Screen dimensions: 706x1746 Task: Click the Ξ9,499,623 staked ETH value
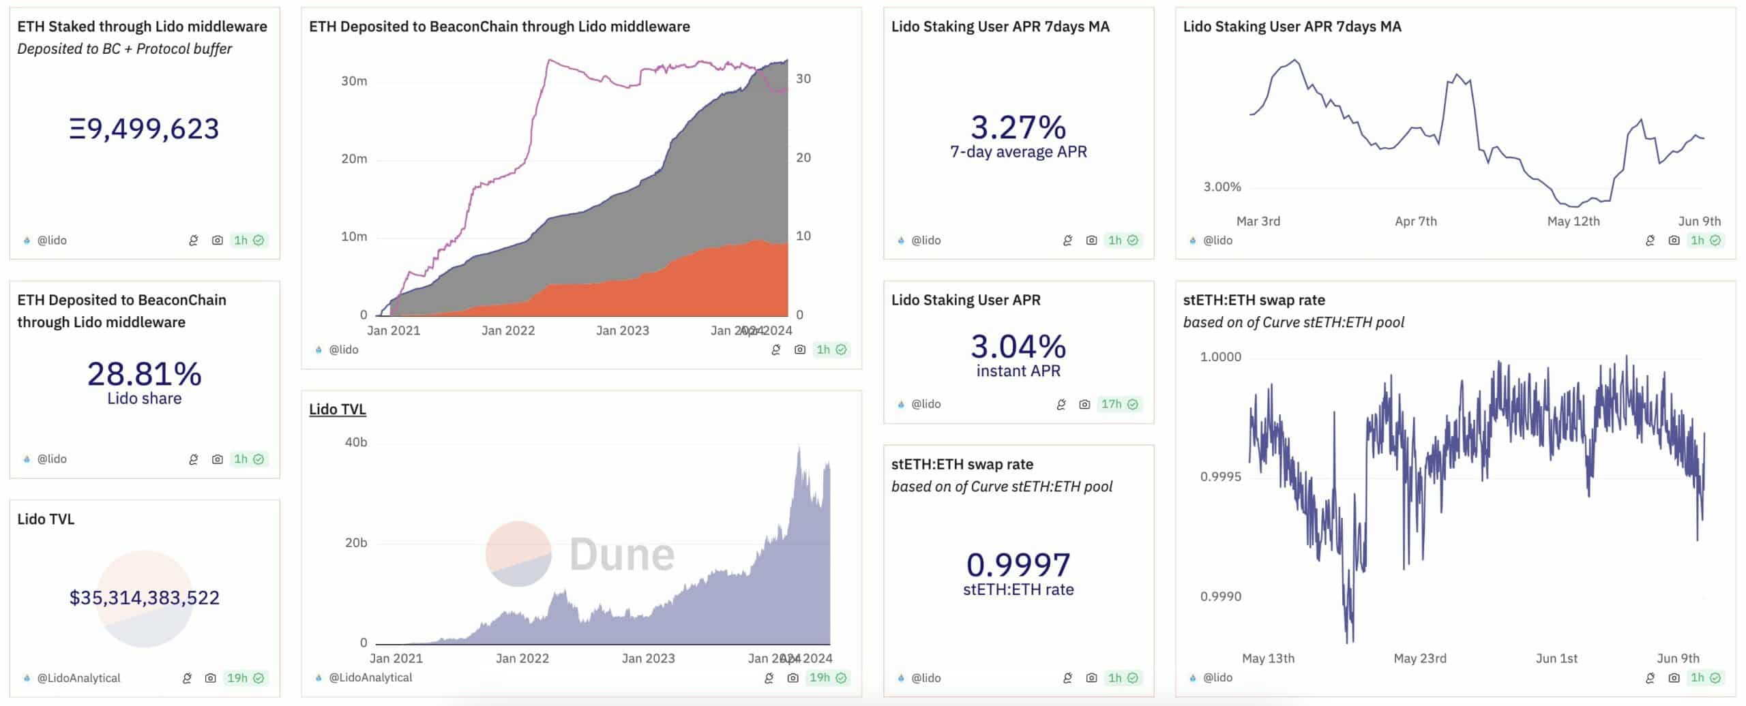(x=144, y=129)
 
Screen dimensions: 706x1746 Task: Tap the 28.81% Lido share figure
(x=144, y=374)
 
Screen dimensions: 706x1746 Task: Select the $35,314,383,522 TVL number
(x=144, y=598)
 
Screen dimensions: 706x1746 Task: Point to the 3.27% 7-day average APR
(x=1018, y=127)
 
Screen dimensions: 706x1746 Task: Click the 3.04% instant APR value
(x=1018, y=347)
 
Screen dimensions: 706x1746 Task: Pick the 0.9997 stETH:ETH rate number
(x=1018, y=565)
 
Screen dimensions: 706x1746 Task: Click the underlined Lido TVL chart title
(x=338, y=409)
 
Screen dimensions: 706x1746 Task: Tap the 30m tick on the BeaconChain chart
(x=354, y=81)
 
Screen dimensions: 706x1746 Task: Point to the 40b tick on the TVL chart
(x=356, y=442)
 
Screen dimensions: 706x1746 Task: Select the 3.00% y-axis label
(x=1222, y=187)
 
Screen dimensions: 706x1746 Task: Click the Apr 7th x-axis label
(x=1416, y=221)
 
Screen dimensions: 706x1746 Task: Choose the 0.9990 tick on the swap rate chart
(x=1221, y=596)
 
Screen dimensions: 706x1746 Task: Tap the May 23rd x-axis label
(x=1420, y=658)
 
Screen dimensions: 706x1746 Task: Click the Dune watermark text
(x=622, y=554)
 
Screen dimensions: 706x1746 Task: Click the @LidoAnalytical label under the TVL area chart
(x=370, y=677)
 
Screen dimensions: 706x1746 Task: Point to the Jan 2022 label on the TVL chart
(x=522, y=658)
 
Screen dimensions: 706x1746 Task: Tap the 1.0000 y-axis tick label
(x=1221, y=357)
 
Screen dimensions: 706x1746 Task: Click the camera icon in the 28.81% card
(x=217, y=459)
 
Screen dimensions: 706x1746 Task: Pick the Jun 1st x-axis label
(x=1556, y=658)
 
